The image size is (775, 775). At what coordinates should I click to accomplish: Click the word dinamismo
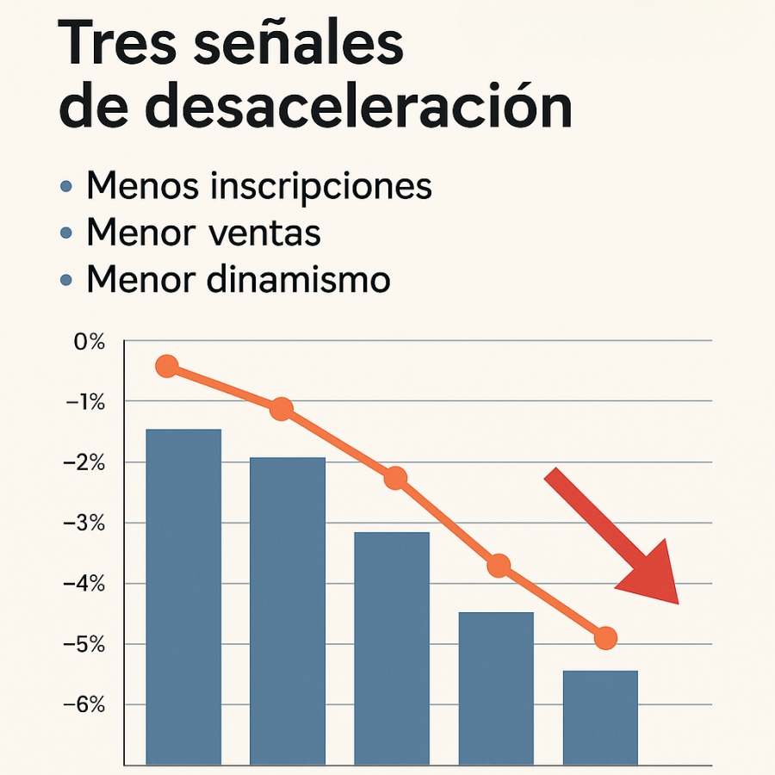(296, 280)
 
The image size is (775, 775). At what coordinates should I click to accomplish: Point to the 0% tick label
(89, 342)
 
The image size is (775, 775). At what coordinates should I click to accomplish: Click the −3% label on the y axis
(85, 524)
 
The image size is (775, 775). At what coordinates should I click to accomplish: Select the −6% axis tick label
(85, 705)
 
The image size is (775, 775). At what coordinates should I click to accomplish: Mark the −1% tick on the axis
(85, 402)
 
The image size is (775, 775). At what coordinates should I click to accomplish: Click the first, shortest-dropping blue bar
(183, 594)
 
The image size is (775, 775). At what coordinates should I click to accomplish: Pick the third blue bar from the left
(392, 646)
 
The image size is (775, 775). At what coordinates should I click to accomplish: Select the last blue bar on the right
(600, 716)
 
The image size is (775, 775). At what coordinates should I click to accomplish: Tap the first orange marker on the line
(167, 367)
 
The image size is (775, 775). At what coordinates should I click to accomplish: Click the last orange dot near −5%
(605, 638)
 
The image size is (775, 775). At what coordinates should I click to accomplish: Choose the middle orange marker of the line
(395, 479)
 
